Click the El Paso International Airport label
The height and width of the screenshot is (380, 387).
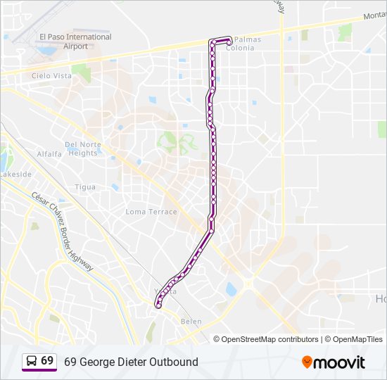click(75, 42)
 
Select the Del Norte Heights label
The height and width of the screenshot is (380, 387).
click(83, 148)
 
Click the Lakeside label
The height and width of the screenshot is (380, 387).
click(15, 174)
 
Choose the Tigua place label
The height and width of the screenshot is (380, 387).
click(85, 187)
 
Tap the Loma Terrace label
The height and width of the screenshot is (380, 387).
click(151, 212)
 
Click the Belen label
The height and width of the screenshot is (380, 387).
click(191, 322)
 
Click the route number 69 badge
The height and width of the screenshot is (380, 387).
click(47, 360)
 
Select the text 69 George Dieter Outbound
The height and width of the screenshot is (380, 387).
click(131, 362)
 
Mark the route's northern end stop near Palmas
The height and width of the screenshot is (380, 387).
click(229, 43)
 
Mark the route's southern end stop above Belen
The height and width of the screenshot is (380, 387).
click(159, 305)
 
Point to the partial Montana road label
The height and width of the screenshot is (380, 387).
click(374, 15)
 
